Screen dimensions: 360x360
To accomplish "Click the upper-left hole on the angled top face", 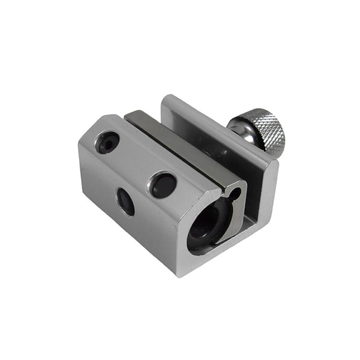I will click(108, 142).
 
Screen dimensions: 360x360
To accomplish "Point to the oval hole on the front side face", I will click(125, 202).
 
